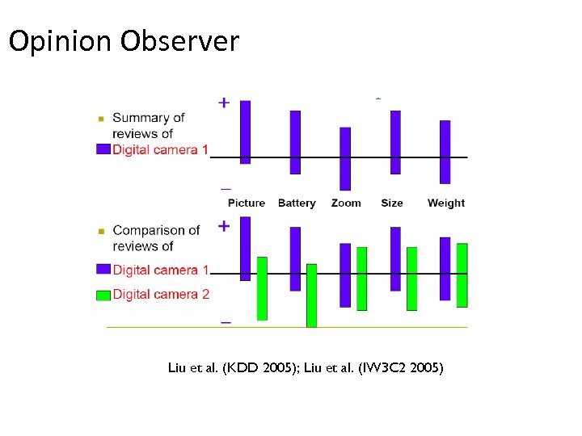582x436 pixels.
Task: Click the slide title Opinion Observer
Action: pos(124,40)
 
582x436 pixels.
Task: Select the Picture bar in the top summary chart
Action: pos(246,132)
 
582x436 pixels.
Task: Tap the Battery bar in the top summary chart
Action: pos(295,142)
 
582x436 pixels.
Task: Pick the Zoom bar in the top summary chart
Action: pos(345,158)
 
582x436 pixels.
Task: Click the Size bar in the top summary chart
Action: pos(395,142)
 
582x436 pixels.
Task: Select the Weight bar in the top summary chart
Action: pos(445,152)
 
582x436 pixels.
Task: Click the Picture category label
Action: pos(247,203)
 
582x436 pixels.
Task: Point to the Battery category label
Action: pos(297,203)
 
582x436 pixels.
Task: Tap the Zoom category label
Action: pos(346,203)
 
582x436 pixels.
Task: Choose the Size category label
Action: pos(392,203)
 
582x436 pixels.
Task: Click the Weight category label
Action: pos(446,203)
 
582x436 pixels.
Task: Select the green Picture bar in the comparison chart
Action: pos(262,288)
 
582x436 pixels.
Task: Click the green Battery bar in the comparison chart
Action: pos(311,295)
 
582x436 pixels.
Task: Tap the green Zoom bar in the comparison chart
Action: pos(361,279)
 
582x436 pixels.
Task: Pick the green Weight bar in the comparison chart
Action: pos(462,275)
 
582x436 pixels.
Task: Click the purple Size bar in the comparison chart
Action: pos(395,258)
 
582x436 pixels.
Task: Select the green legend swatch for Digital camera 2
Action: pos(103,295)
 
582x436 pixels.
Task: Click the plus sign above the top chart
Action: pos(224,103)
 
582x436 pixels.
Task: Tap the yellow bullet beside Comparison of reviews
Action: pos(101,231)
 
